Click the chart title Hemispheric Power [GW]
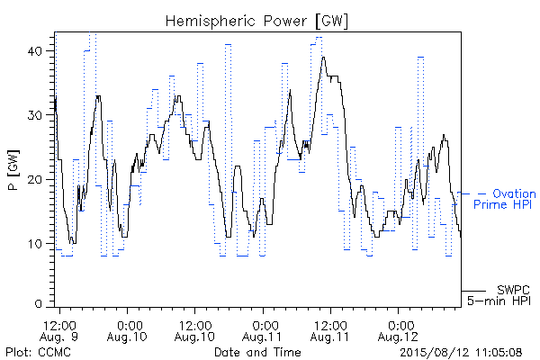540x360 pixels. tap(256, 21)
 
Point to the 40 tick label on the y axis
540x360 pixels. tap(34, 51)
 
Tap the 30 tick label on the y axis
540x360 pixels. tap(34, 115)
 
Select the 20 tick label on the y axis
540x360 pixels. tap(34, 179)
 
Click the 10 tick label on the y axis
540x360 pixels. tap(35, 244)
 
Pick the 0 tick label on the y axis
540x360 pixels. tap(38, 304)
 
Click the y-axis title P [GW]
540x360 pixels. tap(13, 170)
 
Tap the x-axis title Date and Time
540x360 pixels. tap(257, 352)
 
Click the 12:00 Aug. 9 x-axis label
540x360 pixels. tap(59, 330)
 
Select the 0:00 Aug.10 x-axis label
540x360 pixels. tap(127, 330)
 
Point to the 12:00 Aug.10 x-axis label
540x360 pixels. tap(194, 330)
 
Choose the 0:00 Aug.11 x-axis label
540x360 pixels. tap(263, 330)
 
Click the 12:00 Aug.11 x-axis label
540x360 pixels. tap(330, 330)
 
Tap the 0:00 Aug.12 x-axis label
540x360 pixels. tap(398, 330)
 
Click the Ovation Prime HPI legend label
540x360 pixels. tap(505, 199)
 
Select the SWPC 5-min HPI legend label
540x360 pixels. tap(499, 295)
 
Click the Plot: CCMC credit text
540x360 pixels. tap(38, 352)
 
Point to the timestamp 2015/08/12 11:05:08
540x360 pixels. tap(461, 353)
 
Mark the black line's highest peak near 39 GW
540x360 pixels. tap(323, 58)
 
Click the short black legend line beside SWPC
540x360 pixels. tap(473, 291)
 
